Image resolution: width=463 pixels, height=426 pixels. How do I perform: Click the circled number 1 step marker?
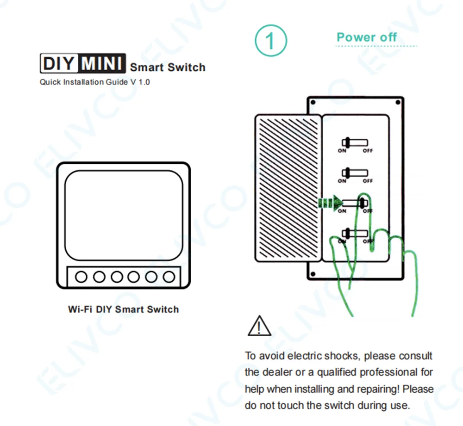pyautogui.click(x=270, y=41)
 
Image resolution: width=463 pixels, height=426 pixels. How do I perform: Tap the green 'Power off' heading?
pyautogui.click(x=367, y=37)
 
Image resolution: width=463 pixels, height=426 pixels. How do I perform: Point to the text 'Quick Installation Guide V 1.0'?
pyautogui.click(x=94, y=82)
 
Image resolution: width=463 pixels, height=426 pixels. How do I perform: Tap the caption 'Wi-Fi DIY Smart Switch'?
pyautogui.click(x=123, y=309)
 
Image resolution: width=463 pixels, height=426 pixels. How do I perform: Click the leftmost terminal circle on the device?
pyautogui.click(x=81, y=277)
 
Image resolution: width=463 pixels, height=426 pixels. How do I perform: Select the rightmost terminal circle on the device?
pyautogui.click(x=169, y=277)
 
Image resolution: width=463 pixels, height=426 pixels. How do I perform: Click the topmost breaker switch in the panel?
pyautogui.click(x=354, y=142)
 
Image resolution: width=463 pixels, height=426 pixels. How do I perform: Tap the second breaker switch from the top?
pyautogui.click(x=354, y=173)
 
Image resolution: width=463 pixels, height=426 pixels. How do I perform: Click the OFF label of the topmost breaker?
pyautogui.click(x=368, y=151)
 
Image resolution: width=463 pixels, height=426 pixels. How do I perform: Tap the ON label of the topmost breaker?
pyautogui.click(x=342, y=151)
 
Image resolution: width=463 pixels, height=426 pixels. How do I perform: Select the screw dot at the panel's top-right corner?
pyautogui.click(x=398, y=102)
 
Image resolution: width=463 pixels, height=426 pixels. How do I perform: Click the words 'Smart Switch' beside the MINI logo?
pyautogui.click(x=168, y=68)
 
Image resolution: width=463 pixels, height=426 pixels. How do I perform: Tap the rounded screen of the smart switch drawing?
pyautogui.click(x=124, y=214)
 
